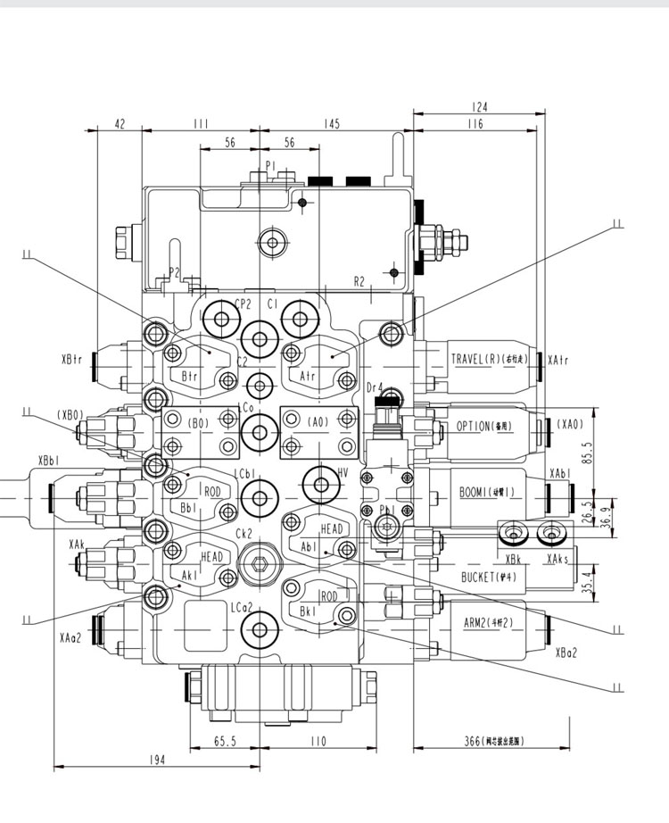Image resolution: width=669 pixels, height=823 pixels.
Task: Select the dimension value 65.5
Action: tap(225, 741)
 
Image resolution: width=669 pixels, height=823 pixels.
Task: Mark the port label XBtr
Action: tap(72, 360)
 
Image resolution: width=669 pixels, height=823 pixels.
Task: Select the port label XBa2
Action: tap(566, 652)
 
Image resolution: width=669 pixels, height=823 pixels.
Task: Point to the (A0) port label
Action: tap(318, 422)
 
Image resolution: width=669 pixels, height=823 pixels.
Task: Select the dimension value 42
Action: tap(121, 125)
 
